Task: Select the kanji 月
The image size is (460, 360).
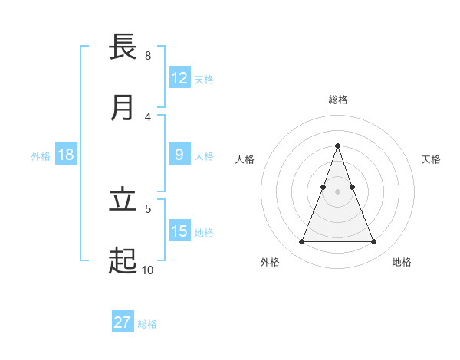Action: [x=123, y=108]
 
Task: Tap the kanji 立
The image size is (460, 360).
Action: [x=123, y=200]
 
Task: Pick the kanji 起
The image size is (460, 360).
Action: [x=123, y=261]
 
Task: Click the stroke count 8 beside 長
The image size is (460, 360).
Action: [x=147, y=55]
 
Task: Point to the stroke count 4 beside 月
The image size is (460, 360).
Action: [x=147, y=116]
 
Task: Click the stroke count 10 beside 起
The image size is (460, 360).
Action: [x=147, y=270]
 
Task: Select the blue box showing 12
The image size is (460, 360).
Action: [x=179, y=78]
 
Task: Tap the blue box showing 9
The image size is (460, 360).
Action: [x=179, y=155]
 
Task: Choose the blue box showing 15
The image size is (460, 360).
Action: [x=179, y=231]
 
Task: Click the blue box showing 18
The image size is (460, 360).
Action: [x=66, y=155]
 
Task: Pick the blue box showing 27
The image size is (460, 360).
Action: [x=123, y=322]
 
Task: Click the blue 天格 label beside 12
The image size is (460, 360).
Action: [x=204, y=79]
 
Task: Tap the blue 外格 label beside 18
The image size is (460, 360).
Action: [x=41, y=155]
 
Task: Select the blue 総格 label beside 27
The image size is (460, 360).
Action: [x=147, y=323]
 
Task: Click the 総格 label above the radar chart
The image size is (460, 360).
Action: [x=337, y=100]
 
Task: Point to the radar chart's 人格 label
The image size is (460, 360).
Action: [x=245, y=159]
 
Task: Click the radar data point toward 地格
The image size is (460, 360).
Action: [x=373, y=242]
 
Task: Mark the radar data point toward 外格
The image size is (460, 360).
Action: [x=301, y=242]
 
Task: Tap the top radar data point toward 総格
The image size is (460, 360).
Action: [x=337, y=146]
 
